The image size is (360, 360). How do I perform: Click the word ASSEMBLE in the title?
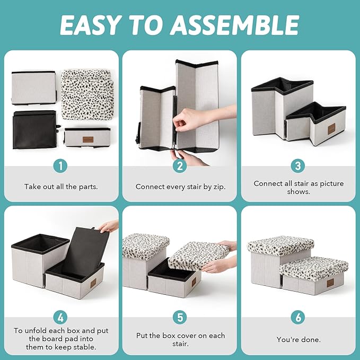click(235, 25)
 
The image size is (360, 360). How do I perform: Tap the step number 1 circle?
click(60, 166)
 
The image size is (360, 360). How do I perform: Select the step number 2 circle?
click(180, 166)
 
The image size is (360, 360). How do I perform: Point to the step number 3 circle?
click(298, 166)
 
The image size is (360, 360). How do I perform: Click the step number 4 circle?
click(60, 318)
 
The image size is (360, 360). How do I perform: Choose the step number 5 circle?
click(180, 318)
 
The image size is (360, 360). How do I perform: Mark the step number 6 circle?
click(298, 318)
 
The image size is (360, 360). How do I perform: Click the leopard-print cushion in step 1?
click(86, 94)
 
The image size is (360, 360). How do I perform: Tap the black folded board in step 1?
click(36, 129)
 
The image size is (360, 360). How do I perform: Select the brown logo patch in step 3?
click(331, 129)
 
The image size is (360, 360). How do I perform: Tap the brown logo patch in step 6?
click(331, 283)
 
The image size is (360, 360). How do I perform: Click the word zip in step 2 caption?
click(219, 187)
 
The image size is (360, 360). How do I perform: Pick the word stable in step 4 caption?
click(84, 347)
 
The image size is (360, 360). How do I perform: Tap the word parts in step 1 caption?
click(88, 187)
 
